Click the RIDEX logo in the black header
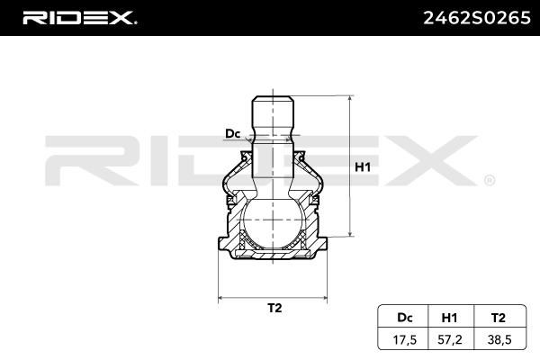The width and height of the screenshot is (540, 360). [79, 18]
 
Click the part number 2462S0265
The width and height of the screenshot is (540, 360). [477, 18]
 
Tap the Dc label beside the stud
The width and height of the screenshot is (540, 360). [232, 134]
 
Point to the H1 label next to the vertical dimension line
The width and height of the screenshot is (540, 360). [363, 167]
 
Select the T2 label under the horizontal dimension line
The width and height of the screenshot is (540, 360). [274, 308]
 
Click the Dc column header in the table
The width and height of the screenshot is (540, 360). [405, 318]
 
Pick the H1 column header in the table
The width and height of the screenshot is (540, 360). [449, 318]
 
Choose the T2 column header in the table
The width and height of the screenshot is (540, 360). [499, 318]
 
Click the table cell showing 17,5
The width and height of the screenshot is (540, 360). [405, 340]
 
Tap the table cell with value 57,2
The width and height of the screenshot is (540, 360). [450, 340]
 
